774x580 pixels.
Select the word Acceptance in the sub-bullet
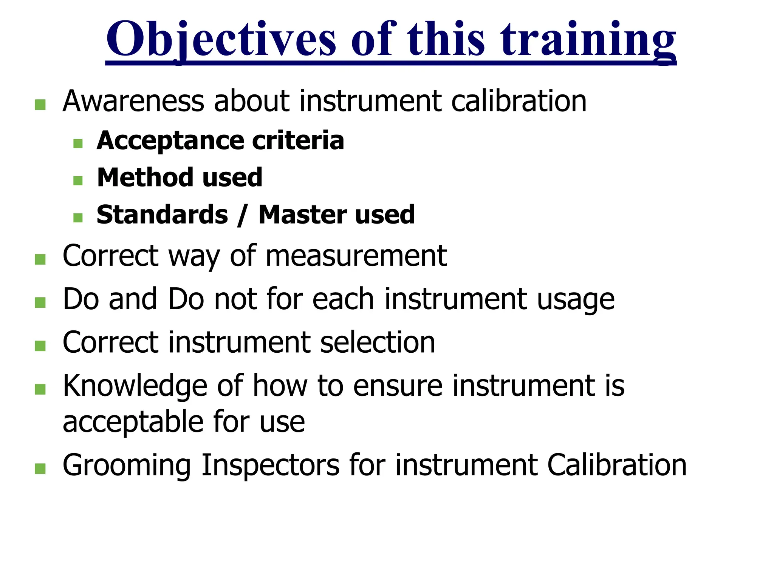(x=170, y=141)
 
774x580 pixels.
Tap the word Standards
(x=162, y=215)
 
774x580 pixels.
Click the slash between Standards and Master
(x=242, y=215)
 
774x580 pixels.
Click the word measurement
(x=356, y=256)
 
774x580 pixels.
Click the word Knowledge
(x=135, y=386)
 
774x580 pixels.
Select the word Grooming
(x=127, y=466)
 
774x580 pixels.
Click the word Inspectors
(x=271, y=466)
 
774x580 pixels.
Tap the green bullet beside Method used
(x=78, y=180)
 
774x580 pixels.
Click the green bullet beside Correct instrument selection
(x=40, y=346)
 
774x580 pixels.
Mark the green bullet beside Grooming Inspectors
(x=40, y=469)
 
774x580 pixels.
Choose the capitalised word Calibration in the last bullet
(x=617, y=465)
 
